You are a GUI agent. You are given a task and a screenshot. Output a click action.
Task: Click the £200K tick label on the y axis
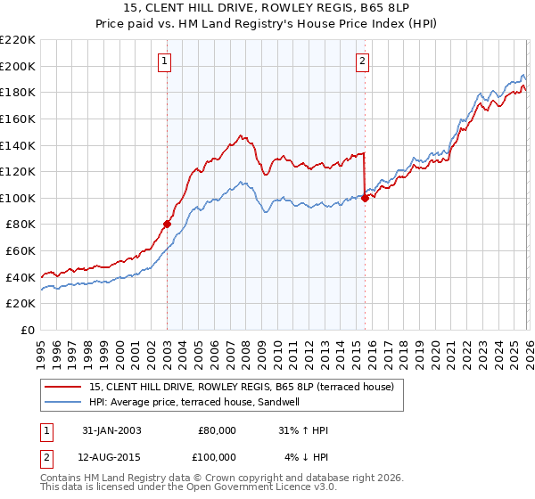tap(18, 66)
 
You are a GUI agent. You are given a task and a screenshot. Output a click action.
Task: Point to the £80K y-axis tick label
tap(21, 225)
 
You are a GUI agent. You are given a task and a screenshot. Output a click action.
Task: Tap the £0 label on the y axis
tap(28, 331)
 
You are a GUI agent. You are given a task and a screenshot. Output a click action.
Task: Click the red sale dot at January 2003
tap(167, 225)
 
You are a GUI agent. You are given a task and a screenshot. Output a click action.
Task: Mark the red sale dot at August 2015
tap(365, 198)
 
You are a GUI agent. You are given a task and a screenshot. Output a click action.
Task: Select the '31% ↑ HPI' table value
tap(303, 430)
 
